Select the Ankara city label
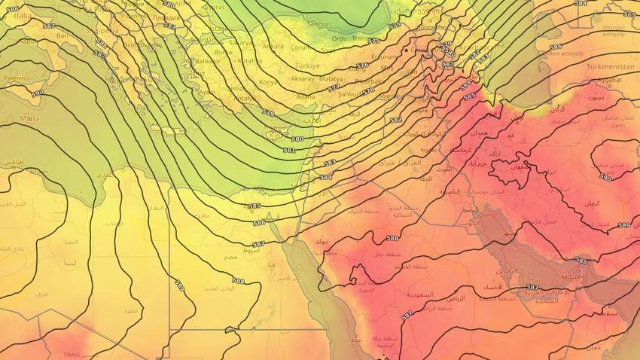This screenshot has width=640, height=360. tap(273, 46)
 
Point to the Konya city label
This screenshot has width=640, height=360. tap(267, 81)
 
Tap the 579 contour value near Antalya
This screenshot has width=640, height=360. tap(268, 112)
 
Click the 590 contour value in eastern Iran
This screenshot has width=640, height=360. tap(605, 178)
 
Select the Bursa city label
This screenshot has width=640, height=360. tap(223, 53)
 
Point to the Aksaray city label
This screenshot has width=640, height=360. tap(304, 79)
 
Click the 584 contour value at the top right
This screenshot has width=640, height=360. tap(580, 4)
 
